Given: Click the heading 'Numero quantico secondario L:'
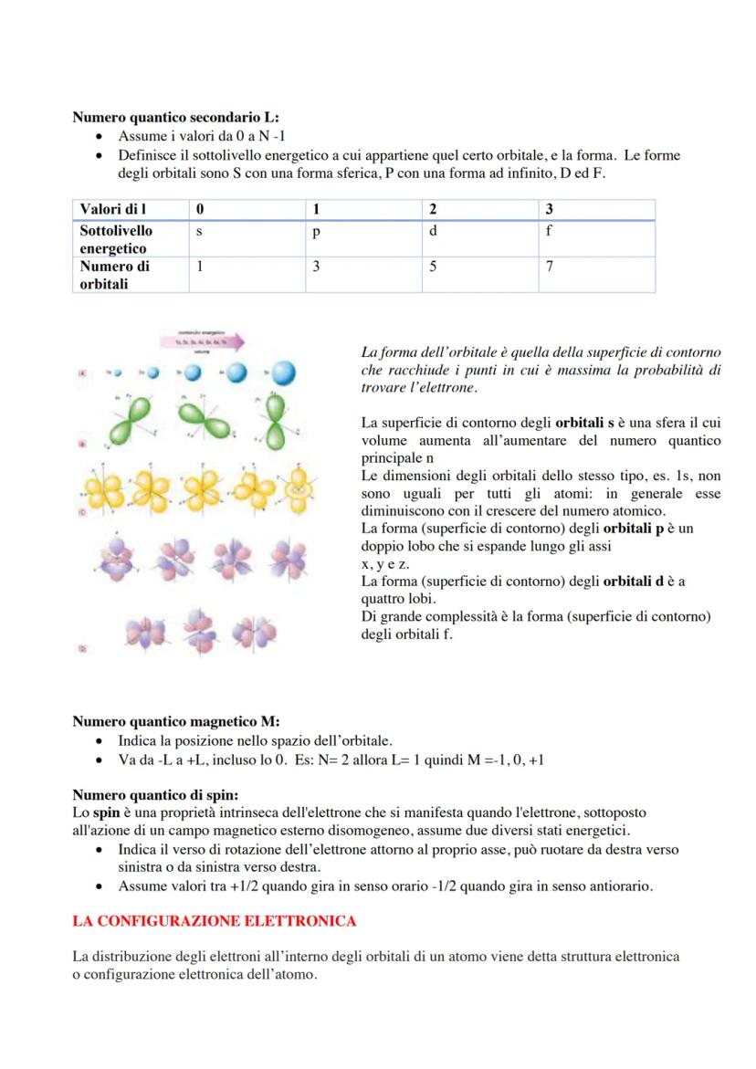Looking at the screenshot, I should [175, 117].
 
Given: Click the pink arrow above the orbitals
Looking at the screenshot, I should [202, 342].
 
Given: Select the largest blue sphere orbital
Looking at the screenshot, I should [281, 372].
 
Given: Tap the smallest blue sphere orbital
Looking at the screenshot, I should [117, 372].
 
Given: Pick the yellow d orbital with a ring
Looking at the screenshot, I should [298, 490].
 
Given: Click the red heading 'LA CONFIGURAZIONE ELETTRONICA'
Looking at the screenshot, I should [214, 921].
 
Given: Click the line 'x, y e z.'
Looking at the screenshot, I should [385, 564].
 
